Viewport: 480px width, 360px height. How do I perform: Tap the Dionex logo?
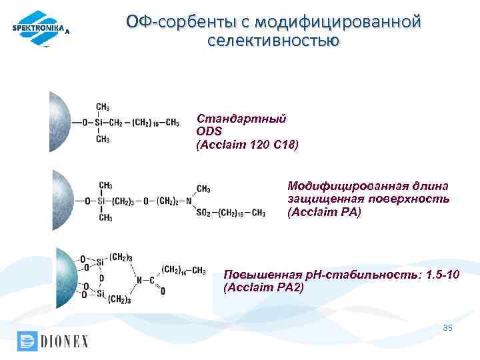tap(53, 341)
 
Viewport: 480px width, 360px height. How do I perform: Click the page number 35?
tap(447, 328)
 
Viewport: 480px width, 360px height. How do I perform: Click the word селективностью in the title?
tap(273, 41)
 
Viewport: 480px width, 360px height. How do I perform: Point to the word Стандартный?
tap(241, 118)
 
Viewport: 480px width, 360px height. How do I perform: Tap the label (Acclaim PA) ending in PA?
tap(324, 212)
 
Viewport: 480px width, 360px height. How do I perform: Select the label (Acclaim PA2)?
tap(263, 287)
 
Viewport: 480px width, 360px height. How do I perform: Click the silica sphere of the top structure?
tap(59, 122)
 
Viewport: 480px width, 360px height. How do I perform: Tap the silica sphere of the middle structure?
tap(62, 200)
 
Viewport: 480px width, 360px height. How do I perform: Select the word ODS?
tap(208, 131)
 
